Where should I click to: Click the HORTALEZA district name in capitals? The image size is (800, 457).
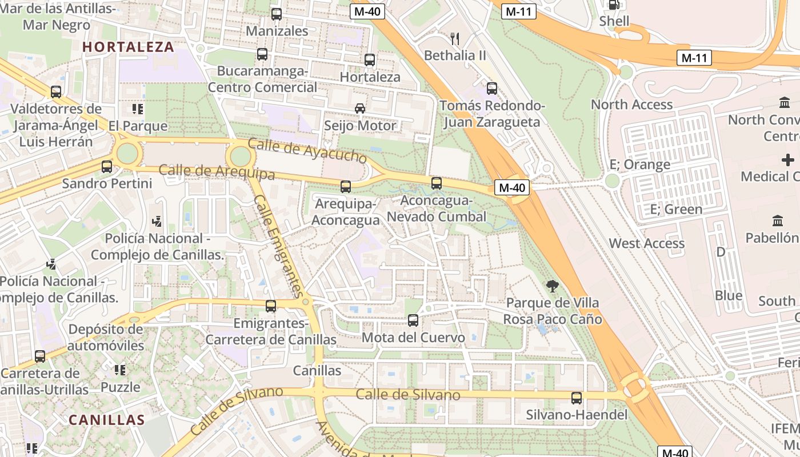point(129,47)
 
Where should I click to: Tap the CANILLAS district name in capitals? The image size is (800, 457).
point(107,420)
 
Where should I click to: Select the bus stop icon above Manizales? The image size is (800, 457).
point(277,14)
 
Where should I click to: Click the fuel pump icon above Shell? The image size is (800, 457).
point(614,5)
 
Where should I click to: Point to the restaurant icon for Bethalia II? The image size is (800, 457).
point(455,39)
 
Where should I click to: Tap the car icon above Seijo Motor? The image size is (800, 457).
point(360,109)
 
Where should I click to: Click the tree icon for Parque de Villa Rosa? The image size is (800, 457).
point(552,286)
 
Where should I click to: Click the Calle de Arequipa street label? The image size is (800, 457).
point(217,171)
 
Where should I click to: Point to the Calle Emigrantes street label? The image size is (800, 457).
point(278,246)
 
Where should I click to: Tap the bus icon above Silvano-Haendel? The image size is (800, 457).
point(577,398)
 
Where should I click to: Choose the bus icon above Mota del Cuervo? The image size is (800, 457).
point(413,320)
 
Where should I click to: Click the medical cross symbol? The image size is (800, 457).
point(788,159)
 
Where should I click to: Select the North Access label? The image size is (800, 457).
point(631,105)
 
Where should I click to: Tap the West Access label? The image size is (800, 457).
point(646,243)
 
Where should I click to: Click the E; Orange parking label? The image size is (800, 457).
point(639,165)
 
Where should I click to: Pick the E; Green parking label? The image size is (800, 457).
point(676,209)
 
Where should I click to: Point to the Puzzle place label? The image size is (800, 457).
point(120,387)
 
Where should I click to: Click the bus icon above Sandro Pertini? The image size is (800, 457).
point(107,167)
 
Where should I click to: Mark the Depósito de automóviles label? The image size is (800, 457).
point(106,337)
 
